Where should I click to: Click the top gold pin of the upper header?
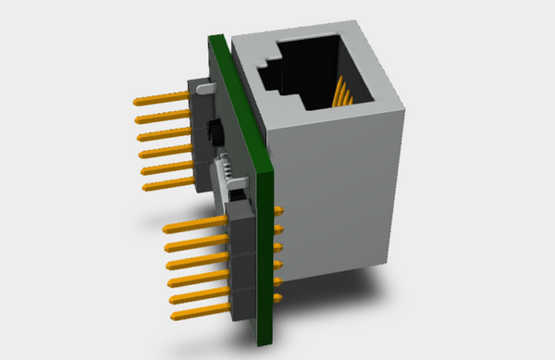[162, 99]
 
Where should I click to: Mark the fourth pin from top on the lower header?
[197, 282]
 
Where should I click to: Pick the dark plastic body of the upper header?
[201, 139]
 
